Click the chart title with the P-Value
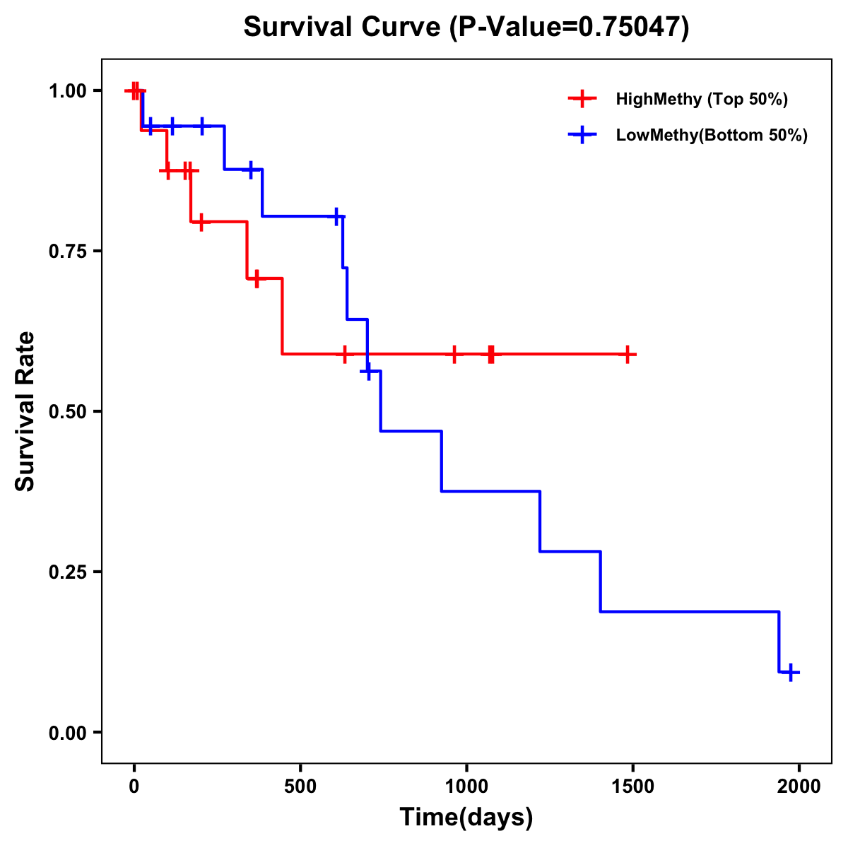pos(466,27)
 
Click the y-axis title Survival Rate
pos(25,411)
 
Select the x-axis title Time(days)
pos(466,817)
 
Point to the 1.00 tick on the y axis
pos(69,91)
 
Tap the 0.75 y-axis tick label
pos(69,252)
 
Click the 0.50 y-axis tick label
pos(69,412)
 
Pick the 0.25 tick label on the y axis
pos(69,572)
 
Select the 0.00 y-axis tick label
pos(69,733)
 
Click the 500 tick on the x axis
pos(300,787)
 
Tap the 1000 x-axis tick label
pos(466,787)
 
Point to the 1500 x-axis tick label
pos(632,787)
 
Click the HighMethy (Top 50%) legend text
pos(702,99)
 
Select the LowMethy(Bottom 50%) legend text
pos(712,135)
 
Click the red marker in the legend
pos(582,99)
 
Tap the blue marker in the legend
pos(582,135)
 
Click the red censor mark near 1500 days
pos(627,354)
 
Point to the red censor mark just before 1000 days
pos(454,354)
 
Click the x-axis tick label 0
pos(134,787)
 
